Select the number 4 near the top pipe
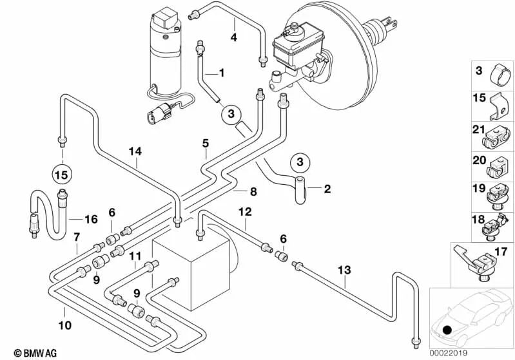tap(234, 37)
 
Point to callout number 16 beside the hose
tap(91, 219)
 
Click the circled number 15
tap(63, 174)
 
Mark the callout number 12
tap(246, 211)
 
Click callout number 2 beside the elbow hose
tap(327, 189)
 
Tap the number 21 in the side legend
tap(478, 130)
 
